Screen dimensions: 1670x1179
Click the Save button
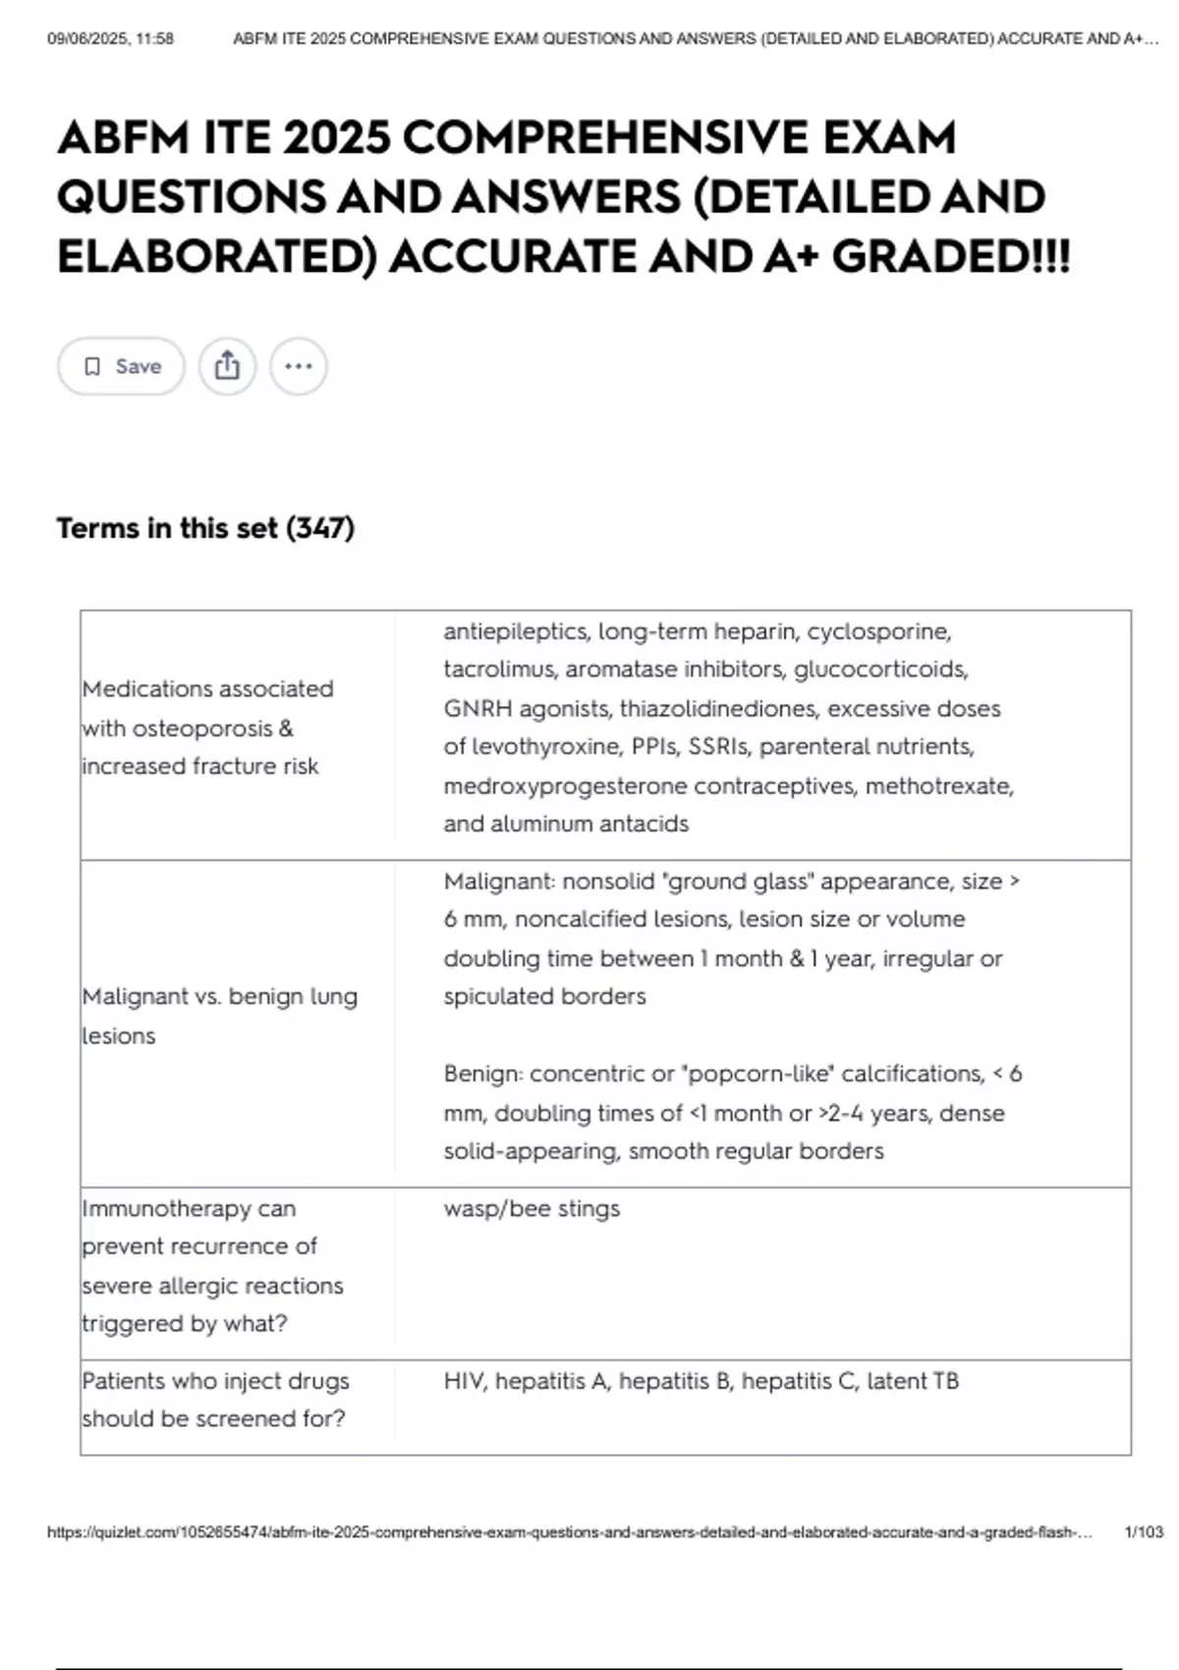(x=121, y=366)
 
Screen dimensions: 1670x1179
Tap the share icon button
(x=227, y=366)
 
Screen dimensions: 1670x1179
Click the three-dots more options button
(x=299, y=366)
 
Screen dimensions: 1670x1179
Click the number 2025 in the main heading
(x=335, y=138)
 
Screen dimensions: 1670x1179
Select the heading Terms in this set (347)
(x=205, y=529)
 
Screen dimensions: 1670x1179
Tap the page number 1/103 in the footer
(x=1143, y=1531)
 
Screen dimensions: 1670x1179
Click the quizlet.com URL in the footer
(x=570, y=1531)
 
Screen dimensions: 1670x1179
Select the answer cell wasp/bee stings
(x=532, y=1208)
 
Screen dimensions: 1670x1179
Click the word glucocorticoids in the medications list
(x=880, y=670)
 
